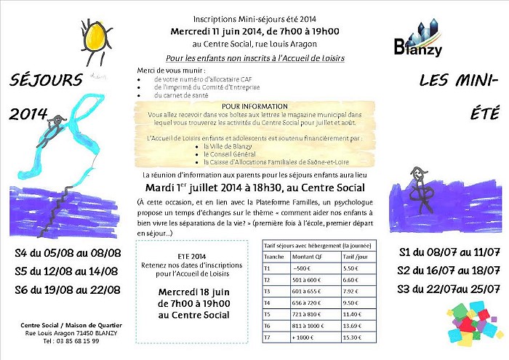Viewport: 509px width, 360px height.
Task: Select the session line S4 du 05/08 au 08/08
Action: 67,254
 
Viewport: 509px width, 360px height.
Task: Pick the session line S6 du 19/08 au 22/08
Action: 67,290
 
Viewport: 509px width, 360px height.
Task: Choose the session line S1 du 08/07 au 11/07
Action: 449,253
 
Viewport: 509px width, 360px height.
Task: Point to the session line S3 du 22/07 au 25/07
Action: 448,289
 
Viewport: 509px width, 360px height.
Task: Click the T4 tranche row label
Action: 268,303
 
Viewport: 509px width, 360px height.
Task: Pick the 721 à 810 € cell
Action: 308,314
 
